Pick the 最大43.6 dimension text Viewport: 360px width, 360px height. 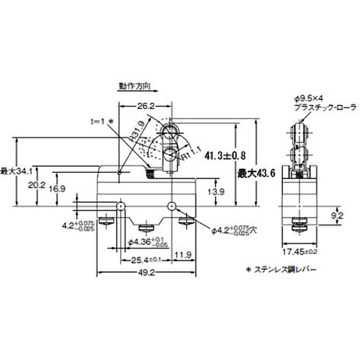[x=256, y=172]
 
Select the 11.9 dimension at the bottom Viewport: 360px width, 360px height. [x=184, y=255]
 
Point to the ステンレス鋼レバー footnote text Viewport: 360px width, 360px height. [x=283, y=270]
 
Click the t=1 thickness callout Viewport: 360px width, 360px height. [x=100, y=121]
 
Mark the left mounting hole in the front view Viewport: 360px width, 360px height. [x=121, y=206]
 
